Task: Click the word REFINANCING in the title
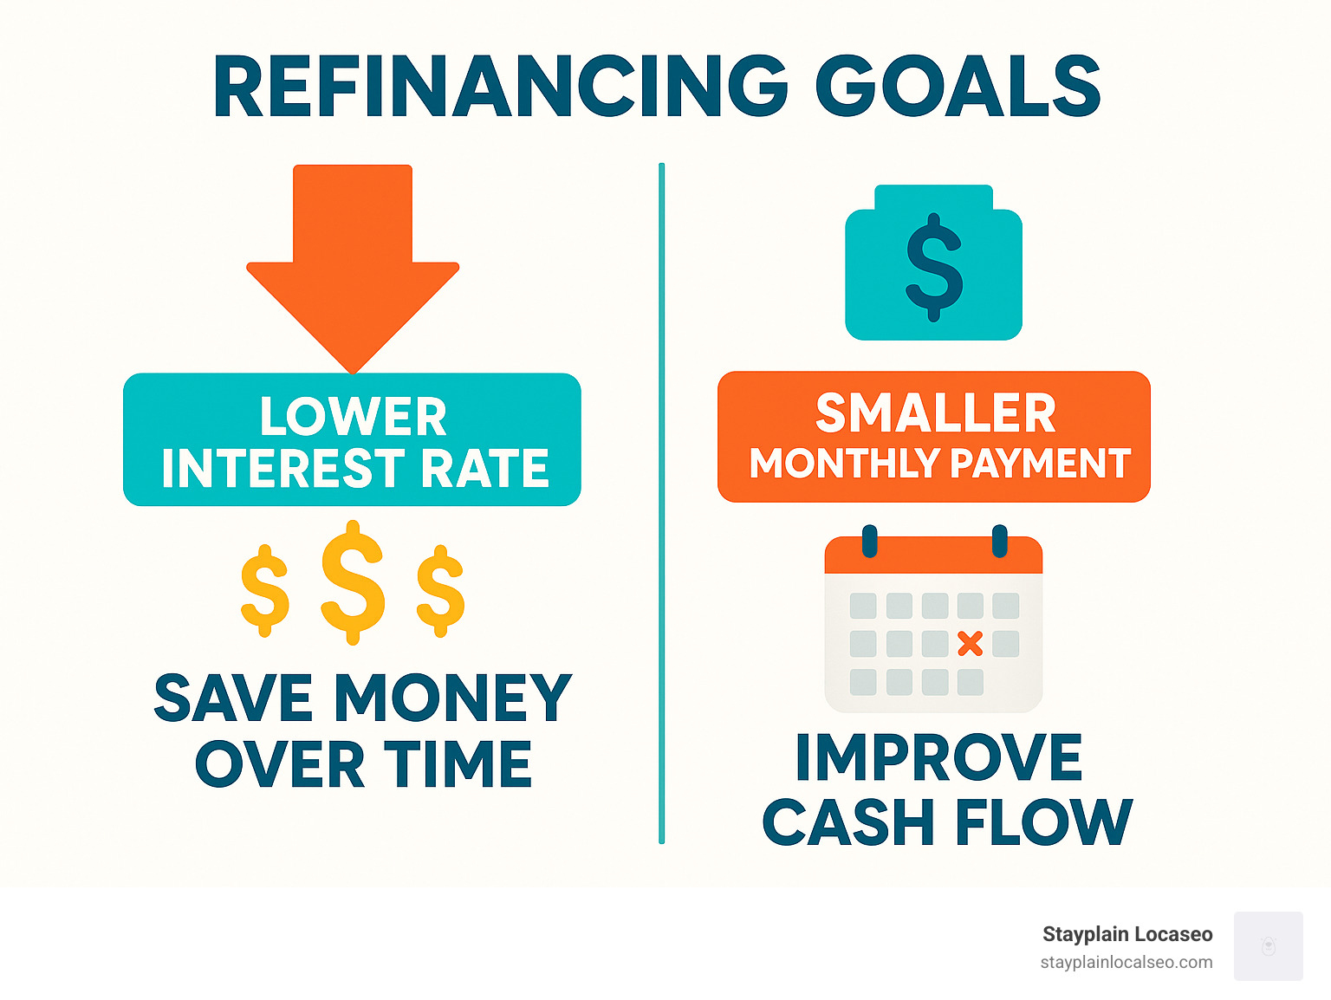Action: pos(500,86)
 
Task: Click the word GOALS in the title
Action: pos(958,86)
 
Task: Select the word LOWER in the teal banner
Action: pos(353,416)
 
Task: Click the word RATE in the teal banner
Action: pos(485,468)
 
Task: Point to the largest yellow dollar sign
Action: pos(353,581)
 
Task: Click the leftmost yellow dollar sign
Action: pos(264,590)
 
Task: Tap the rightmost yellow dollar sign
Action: pos(440,590)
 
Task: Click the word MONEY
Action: pos(453,698)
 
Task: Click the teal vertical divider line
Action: pos(661,503)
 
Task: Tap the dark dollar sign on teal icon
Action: pos(934,268)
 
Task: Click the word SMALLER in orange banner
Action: pos(936,412)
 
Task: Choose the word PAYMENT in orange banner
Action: pos(1041,464)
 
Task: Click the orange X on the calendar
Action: pos(970,644)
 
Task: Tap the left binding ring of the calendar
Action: pos(869,541)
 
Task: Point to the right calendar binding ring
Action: pos(999,541)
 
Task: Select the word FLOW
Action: pos(1043,821)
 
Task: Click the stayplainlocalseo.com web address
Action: pos(1126,963)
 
